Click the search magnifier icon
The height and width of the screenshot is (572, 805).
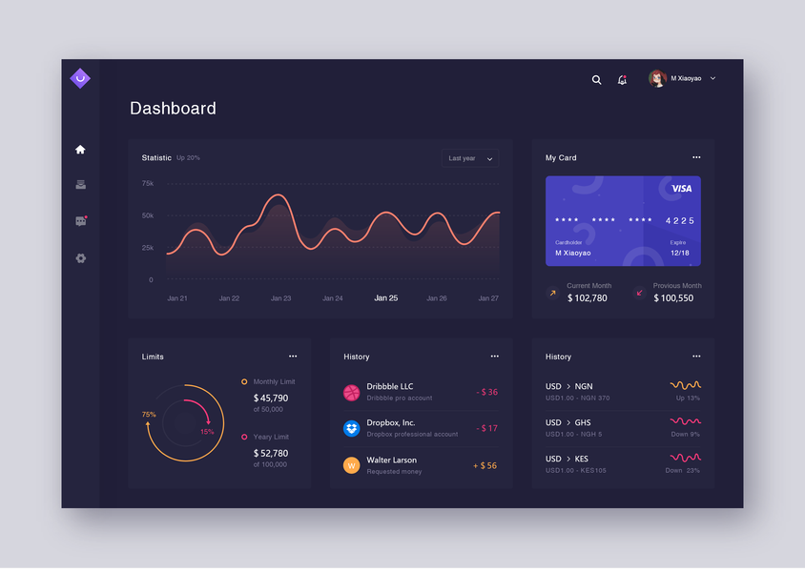pyautogui.click(x=597, y=80)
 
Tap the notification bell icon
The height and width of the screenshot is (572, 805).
pyautogui.click(x=622, y=80)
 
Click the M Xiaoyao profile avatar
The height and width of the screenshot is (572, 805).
pyautogui.click(x=657, y=78)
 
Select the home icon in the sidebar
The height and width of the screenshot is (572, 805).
pyautogui.click(x=80, y=150)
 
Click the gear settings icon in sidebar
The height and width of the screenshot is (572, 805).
pyautogui.click(x=80, y=258)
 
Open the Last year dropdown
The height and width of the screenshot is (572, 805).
pyautogui.click(x=470, y=158)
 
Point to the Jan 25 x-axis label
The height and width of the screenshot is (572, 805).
pyautogui.click(x=386, y=298)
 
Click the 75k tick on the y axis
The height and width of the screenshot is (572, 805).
pyautogui.click(x=148, y=183)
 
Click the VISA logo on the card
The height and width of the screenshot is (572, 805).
pyautogui.click(x=681, y=189)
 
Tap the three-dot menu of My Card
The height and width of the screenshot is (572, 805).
pyautogui.click(x=696, y=157)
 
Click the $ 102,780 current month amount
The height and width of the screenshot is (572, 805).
pyautogui.click(x=587, y=298)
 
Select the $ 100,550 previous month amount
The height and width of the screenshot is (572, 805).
pyautogui.click(x=673, y=298)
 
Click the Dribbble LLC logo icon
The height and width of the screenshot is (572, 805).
pyautogui.click(x=352, y=392)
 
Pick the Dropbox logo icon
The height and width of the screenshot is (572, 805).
pyautogui.click(x=352, y=428)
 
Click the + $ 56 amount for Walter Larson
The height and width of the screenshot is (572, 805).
pyautogui.click(x=485, y=466)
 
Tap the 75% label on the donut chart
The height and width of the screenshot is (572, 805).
pyautogui.click(x=149, y=415)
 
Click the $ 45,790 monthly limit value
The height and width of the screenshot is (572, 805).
pyautogui.click(x=271, y=398)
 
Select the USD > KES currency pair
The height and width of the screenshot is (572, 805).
pyautogui.click(x=568, y=459)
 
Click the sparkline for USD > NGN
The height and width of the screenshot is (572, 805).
pyautogui.click(x=685, y=385)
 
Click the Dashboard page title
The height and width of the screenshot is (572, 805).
pyautogui.click(x=173, y=109)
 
